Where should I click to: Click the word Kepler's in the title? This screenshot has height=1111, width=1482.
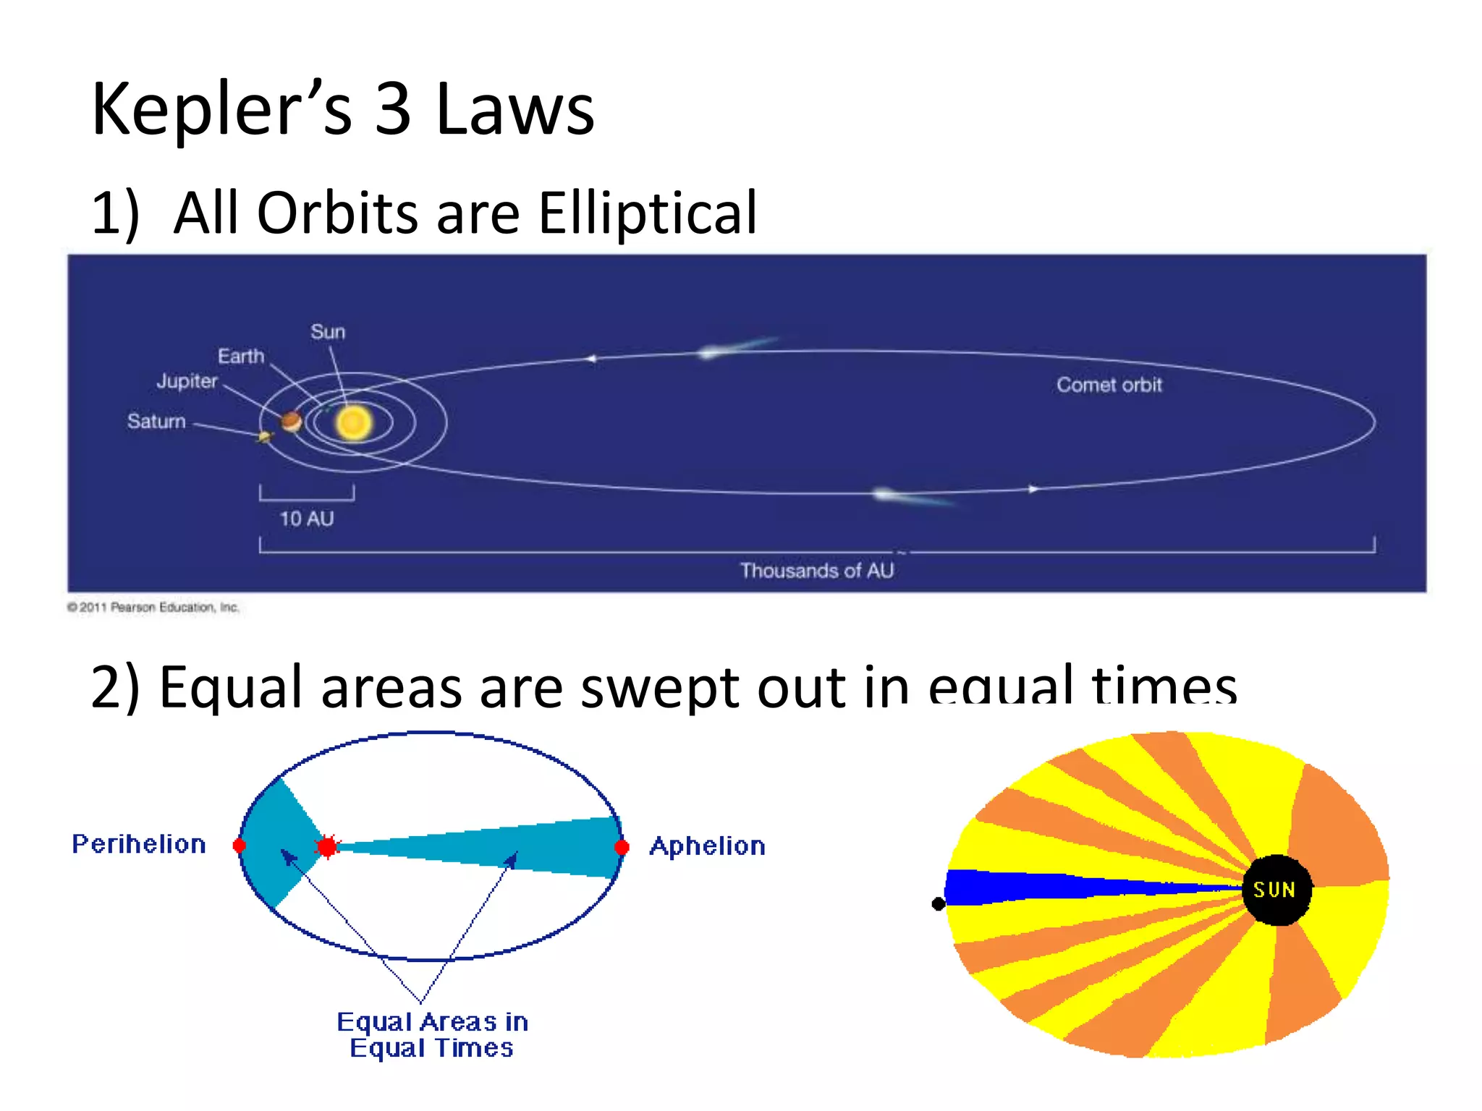click(x=221, y=110)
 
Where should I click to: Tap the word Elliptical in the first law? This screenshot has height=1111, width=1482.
click(x=647, y=214)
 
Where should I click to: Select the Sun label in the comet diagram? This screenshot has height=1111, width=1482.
click(x=328, y=332)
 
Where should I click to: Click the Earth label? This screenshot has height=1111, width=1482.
click(x=241, y=357)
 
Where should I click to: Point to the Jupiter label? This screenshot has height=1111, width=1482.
click(x=187, y=381)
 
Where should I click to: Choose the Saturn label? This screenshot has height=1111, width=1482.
click(x=156, y=422)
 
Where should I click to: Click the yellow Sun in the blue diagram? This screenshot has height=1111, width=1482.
click(x=354, y=423)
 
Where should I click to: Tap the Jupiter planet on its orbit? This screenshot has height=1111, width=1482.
click(x=291, y=421)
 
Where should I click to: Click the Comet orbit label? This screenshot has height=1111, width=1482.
click(x=1109, y=386)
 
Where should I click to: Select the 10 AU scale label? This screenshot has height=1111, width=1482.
click(x=307, y=519)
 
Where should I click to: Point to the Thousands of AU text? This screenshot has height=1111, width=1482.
click(x=816, y=571)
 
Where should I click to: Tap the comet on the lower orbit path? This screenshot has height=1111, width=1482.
click(x=886, y=494)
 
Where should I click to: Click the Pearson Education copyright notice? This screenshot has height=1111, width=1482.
click(x=153, y=608)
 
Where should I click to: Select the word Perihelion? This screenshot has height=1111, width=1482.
click(x=139, y=844)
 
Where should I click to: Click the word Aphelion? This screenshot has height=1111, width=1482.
click(x=707, y=846)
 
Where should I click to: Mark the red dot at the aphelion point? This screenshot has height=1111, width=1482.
click(x=622, y=847)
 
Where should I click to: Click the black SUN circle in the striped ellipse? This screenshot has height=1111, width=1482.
click(x=1276, y=890)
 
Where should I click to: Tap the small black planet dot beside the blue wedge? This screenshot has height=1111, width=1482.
click(x=939, y=903)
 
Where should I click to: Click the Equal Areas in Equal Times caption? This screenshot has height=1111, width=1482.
click(x=432, y=1035)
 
